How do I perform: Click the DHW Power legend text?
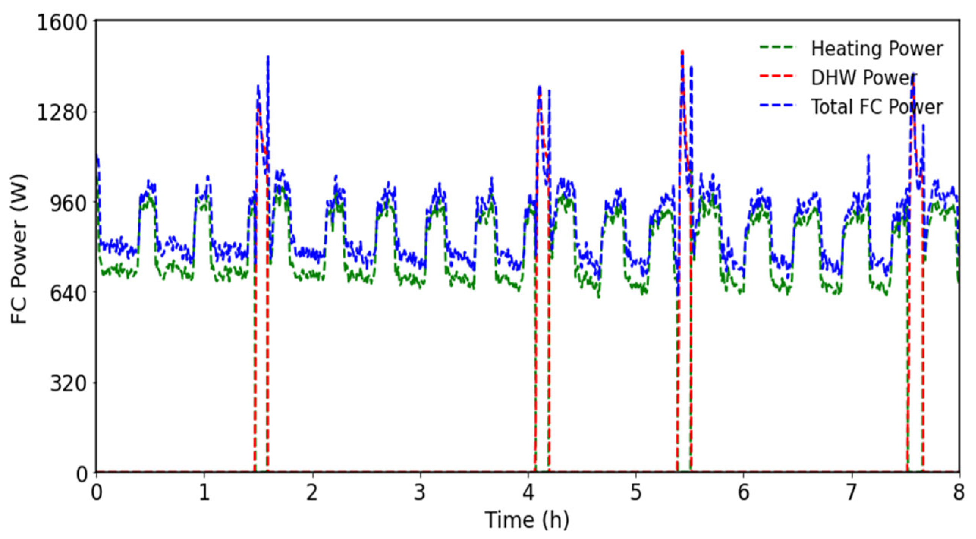(863, 78)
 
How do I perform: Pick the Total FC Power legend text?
(877, 107)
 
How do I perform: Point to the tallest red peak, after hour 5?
(682, 52)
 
